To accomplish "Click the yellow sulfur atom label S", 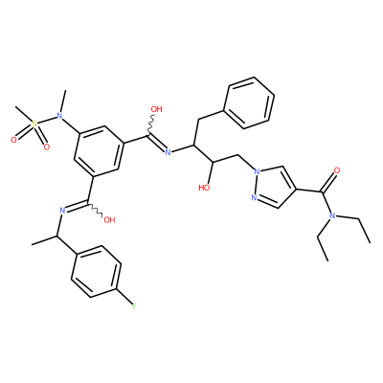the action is [x=34, y=124].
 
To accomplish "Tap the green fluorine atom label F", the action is [x=134, y=306].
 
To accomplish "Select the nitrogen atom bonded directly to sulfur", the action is [x=59, y=116].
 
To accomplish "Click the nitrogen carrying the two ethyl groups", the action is [x=332, y=216].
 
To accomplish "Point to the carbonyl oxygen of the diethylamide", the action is [x=336, y=169].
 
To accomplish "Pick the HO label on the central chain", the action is [x=204, y=188].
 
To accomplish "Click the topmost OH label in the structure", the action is [x=156, y=109].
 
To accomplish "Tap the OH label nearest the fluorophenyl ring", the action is [x=109, y=220].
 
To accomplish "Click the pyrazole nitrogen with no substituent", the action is [x=255, y=198].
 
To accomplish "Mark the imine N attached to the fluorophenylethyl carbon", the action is [x=62, y=210].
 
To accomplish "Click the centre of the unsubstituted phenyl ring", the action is [x=249, y=102].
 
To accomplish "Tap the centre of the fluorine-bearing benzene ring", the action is [x=97, y=271].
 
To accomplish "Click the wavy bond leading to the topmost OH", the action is [x=149, y=125].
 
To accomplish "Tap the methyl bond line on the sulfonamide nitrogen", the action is [x=63, y=101].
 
